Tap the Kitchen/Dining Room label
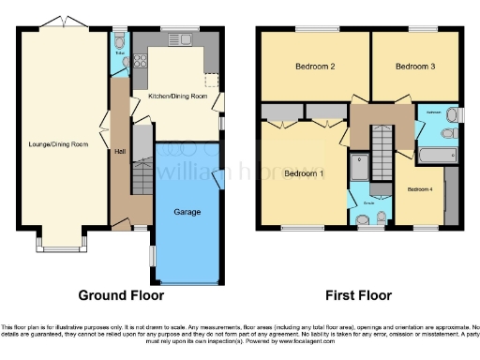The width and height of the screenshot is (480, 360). (x=175, y=97)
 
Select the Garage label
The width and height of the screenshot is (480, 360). (x=187, y=212)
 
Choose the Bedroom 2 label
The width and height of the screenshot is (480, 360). (x=317, y=67)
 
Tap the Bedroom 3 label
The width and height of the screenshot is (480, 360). (x=413, y=67)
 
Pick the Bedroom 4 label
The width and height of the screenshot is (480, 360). (x=419, y=189)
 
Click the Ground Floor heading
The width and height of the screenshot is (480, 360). (x=121, y=295)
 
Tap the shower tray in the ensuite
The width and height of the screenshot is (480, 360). (x=360, y=169)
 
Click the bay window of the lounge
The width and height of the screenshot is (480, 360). (x=63, y=247)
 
